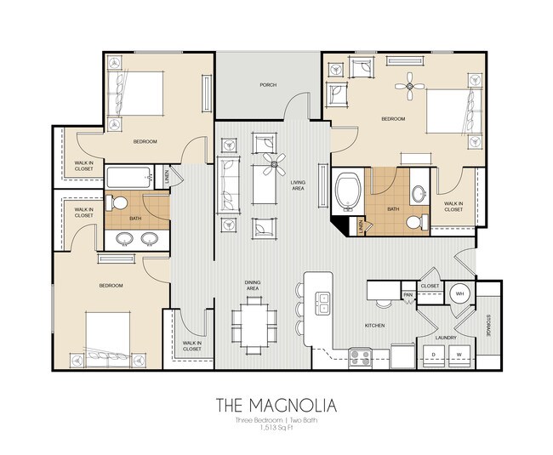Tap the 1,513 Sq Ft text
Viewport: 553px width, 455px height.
pos(276,429)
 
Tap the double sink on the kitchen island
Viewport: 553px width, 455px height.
pos(323,301)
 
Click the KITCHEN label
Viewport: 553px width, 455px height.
pos(374,326)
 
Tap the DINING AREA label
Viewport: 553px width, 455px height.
pos(252,286)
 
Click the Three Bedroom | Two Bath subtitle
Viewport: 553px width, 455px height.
pos(276,421)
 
